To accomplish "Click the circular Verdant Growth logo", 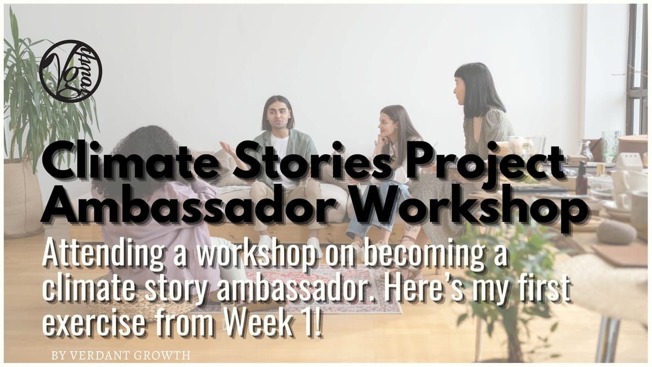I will click(x=71, y=71).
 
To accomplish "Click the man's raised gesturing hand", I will click(x=228, y=150).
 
